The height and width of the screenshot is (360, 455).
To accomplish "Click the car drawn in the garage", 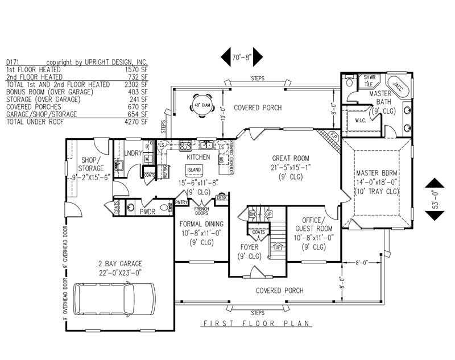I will click(116, 298).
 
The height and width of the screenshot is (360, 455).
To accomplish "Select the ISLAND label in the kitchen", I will click(195, 169).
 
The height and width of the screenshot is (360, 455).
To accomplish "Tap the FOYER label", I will click(249, 247).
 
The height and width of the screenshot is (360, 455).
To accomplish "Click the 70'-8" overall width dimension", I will click(241, 57).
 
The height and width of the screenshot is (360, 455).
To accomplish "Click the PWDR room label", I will click(148, 211).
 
